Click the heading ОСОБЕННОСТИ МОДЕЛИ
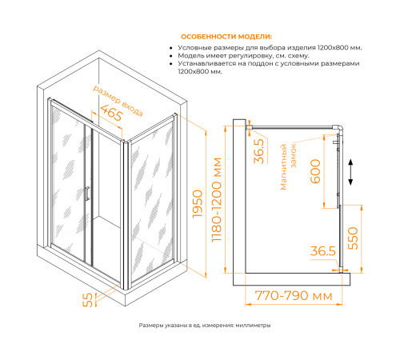click(x=226, y=37)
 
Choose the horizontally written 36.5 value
click(x=322, y=252)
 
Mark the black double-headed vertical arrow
click(x=350, y=170)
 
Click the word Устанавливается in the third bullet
click(x=210, y=64)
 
